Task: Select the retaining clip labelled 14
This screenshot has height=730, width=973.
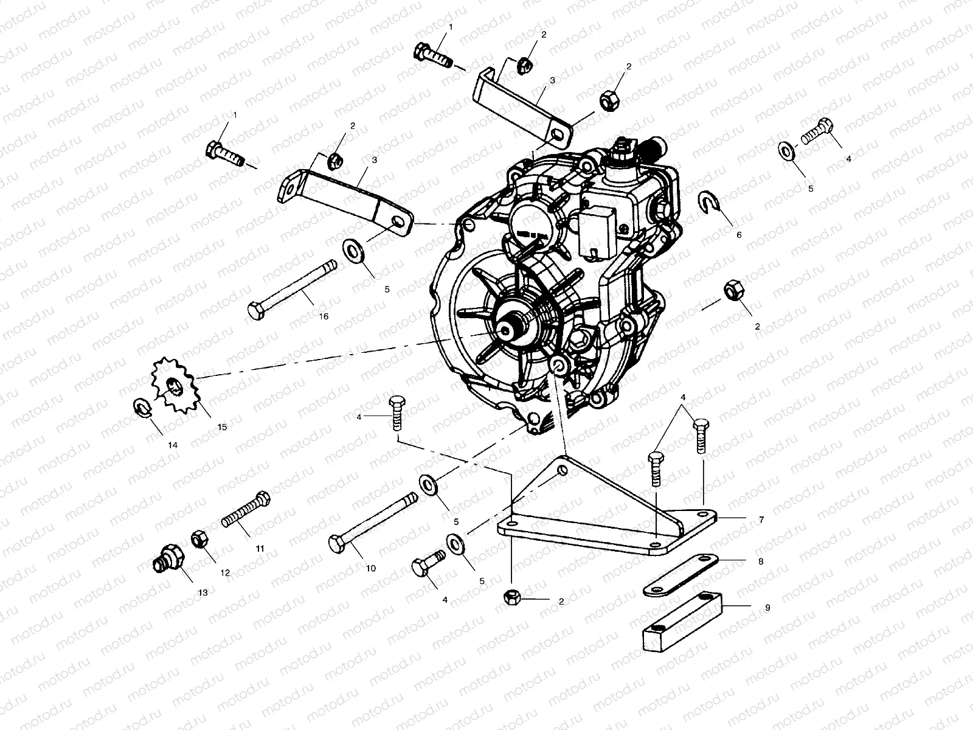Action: (140, 406)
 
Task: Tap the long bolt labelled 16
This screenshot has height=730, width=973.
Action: (292, 287)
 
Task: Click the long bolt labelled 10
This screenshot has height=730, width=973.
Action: (372, 521)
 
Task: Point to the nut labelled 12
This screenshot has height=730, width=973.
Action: (199, 540)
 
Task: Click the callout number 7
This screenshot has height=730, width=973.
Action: (761, 521)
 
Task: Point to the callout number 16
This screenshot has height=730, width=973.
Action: (324, 316)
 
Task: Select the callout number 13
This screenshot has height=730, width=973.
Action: (203, 592)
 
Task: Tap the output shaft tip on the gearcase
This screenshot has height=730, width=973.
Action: (506, 329)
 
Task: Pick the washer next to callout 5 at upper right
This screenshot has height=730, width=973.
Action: (786, 150)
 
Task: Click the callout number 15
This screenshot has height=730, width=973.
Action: (221, 427)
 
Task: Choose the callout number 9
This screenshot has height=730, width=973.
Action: (767, 608)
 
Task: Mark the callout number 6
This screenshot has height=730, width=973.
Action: (739, 234)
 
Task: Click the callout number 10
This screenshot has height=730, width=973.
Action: (371, 568)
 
